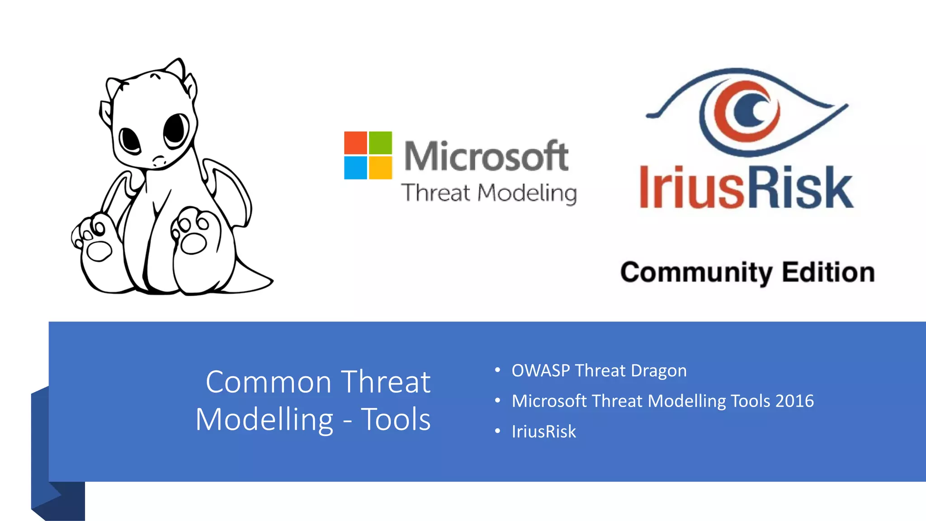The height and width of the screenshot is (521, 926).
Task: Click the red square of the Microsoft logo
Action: pos(355,142)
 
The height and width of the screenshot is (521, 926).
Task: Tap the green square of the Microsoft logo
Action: pos(380,142)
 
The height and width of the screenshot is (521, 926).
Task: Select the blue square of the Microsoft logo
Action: pos(355,168)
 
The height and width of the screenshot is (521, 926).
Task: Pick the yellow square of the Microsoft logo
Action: pos(380,168)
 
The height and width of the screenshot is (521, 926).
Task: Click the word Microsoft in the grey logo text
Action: pos(486,156)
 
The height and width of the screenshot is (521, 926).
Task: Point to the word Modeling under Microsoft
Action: pos(527,193)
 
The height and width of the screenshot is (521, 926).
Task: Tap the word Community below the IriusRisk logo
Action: pos(696,272)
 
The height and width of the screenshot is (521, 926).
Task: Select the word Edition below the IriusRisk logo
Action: pos(828,272)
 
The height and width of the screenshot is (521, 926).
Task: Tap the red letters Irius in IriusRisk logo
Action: pos(692,188)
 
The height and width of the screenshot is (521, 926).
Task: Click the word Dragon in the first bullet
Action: pos(659,371)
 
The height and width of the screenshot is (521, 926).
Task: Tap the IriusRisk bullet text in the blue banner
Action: pos(544,431)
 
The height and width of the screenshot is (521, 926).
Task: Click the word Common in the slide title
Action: pos(269,382)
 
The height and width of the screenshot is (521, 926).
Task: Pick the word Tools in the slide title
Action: pos(396,419)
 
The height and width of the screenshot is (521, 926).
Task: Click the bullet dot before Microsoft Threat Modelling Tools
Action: pos(497,401)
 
